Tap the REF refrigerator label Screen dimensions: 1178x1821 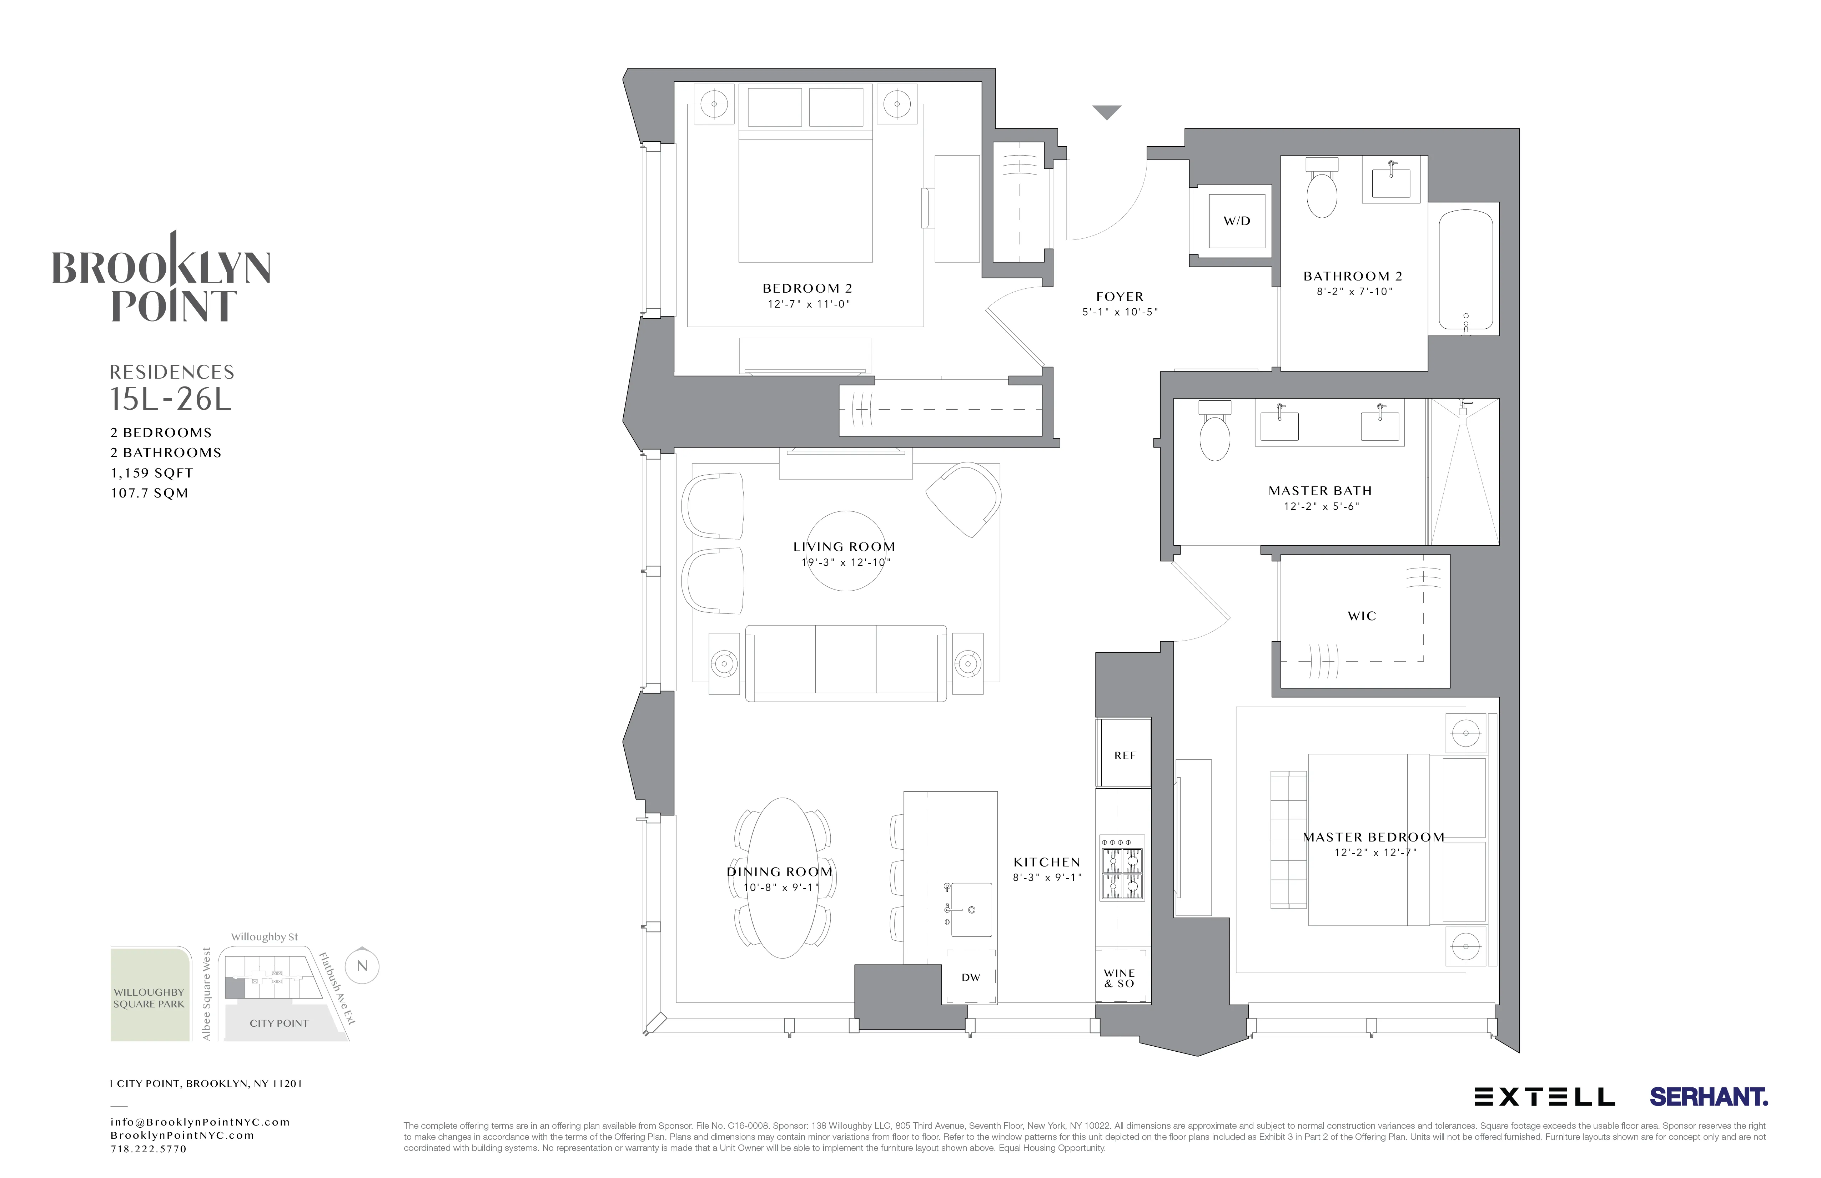pos(1124,755)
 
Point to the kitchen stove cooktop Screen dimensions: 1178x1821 pos(1122,868)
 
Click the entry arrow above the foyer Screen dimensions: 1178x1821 pos(1106,112)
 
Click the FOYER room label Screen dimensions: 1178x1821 pos(1120,297)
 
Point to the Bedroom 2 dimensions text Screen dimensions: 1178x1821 pos(809,304)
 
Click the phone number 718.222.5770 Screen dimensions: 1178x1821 pos(149,1149)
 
